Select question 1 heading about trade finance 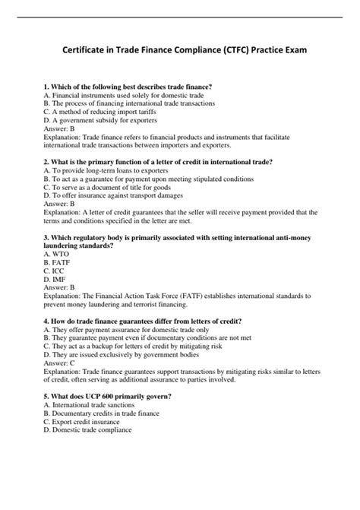tap(128, 87)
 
